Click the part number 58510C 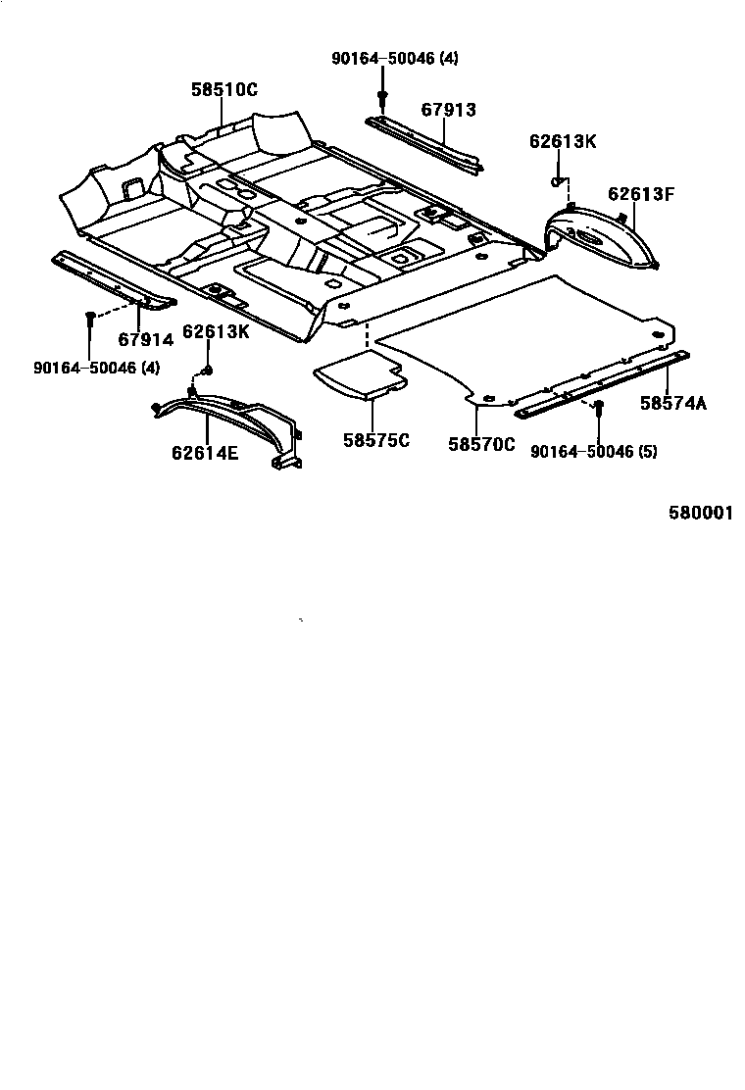click(223, 89)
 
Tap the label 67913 click(448, 110)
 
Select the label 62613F click(641, 193)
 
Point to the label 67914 click(145, 340)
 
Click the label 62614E click(205, 453)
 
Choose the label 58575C click(375, 440)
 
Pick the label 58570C click(481, 444)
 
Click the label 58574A click(673, 402)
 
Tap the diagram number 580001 click(701, 513)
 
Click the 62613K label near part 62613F click(563, 141)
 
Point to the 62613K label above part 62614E click(216, 331)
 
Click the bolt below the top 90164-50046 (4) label click(381, 96)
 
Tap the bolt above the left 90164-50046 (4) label click(89, 317)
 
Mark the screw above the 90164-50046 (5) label click(598, 405)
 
